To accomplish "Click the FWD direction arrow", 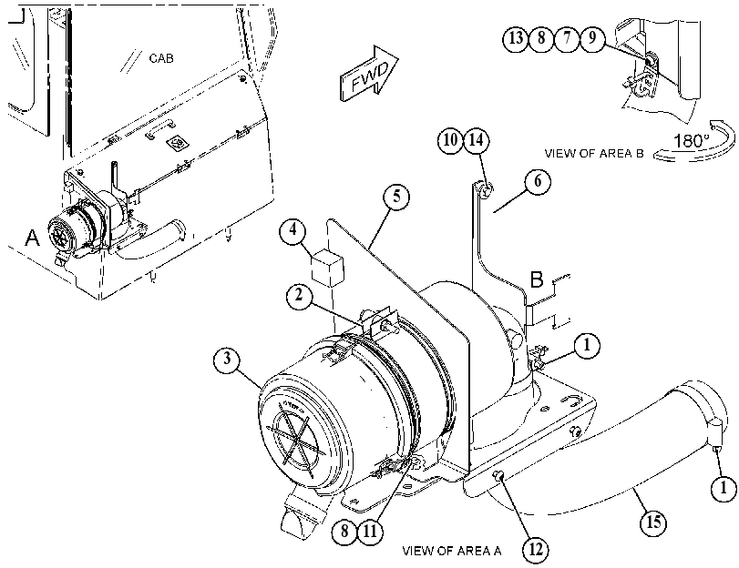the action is click(369, 74).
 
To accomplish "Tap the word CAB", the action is click(161, 58).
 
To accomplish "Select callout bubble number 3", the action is click(228, 360).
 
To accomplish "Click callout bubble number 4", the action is click(293, 230).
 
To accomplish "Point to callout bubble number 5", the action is click(396, 196).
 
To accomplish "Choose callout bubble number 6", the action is click(538, 181).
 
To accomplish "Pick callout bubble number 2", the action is click(300, 296).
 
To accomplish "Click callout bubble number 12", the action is click(536, 549).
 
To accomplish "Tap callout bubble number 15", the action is click(653, 522).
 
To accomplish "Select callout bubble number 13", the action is click(517, 36).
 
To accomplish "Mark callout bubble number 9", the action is click(592, 36).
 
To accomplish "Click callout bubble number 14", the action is click(477, 140).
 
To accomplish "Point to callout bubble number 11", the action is click(371, 532).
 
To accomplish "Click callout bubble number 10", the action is click(450, 140).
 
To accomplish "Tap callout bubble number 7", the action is click(567, 36).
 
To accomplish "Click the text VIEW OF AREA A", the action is click(452, 551).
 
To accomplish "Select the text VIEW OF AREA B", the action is click(594, 154).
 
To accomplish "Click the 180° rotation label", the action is click(691, 141).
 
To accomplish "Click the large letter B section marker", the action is click(537, 279).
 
